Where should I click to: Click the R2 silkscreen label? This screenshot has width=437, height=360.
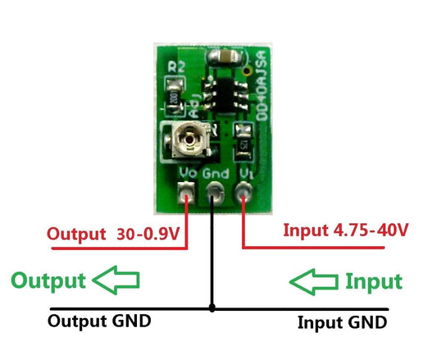[x=175, y=66]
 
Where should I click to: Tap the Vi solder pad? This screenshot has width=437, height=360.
[x=244, y=194]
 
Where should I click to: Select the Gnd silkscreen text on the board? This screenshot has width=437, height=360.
[x=215, y=174]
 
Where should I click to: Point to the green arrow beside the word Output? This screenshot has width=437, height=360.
[x=116, y=280]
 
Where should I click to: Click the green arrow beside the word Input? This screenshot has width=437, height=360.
[x=314, y=281]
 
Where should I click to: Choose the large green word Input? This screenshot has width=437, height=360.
[x=373, y=282]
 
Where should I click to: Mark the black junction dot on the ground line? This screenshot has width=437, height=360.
[x=212, y=309]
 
